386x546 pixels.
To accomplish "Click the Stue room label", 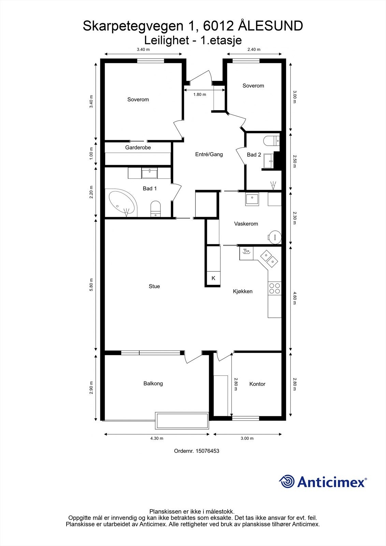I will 154,286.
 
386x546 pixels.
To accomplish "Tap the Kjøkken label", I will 243,291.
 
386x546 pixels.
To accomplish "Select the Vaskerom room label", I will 246,224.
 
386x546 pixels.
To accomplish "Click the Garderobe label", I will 138,147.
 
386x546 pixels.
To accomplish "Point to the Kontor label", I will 257,384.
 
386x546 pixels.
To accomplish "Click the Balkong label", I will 153,384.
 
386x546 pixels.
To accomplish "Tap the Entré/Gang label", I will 209,154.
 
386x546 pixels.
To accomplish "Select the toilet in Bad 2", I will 272,141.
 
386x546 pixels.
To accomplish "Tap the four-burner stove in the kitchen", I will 274,288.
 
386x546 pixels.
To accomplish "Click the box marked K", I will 213,278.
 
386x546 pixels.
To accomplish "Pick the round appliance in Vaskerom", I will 274,236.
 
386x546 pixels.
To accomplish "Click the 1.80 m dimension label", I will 200,95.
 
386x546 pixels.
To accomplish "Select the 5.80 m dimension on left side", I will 91,285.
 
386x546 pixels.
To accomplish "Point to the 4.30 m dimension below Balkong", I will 157,439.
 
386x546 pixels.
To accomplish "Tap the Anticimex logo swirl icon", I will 287,482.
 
